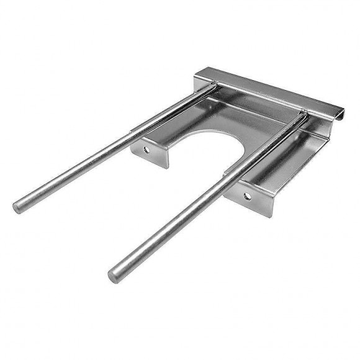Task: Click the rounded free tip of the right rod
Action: (x=115, y=274)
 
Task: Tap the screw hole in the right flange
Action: (x=247, y=196)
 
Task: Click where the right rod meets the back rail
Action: (x=302, y=116)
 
